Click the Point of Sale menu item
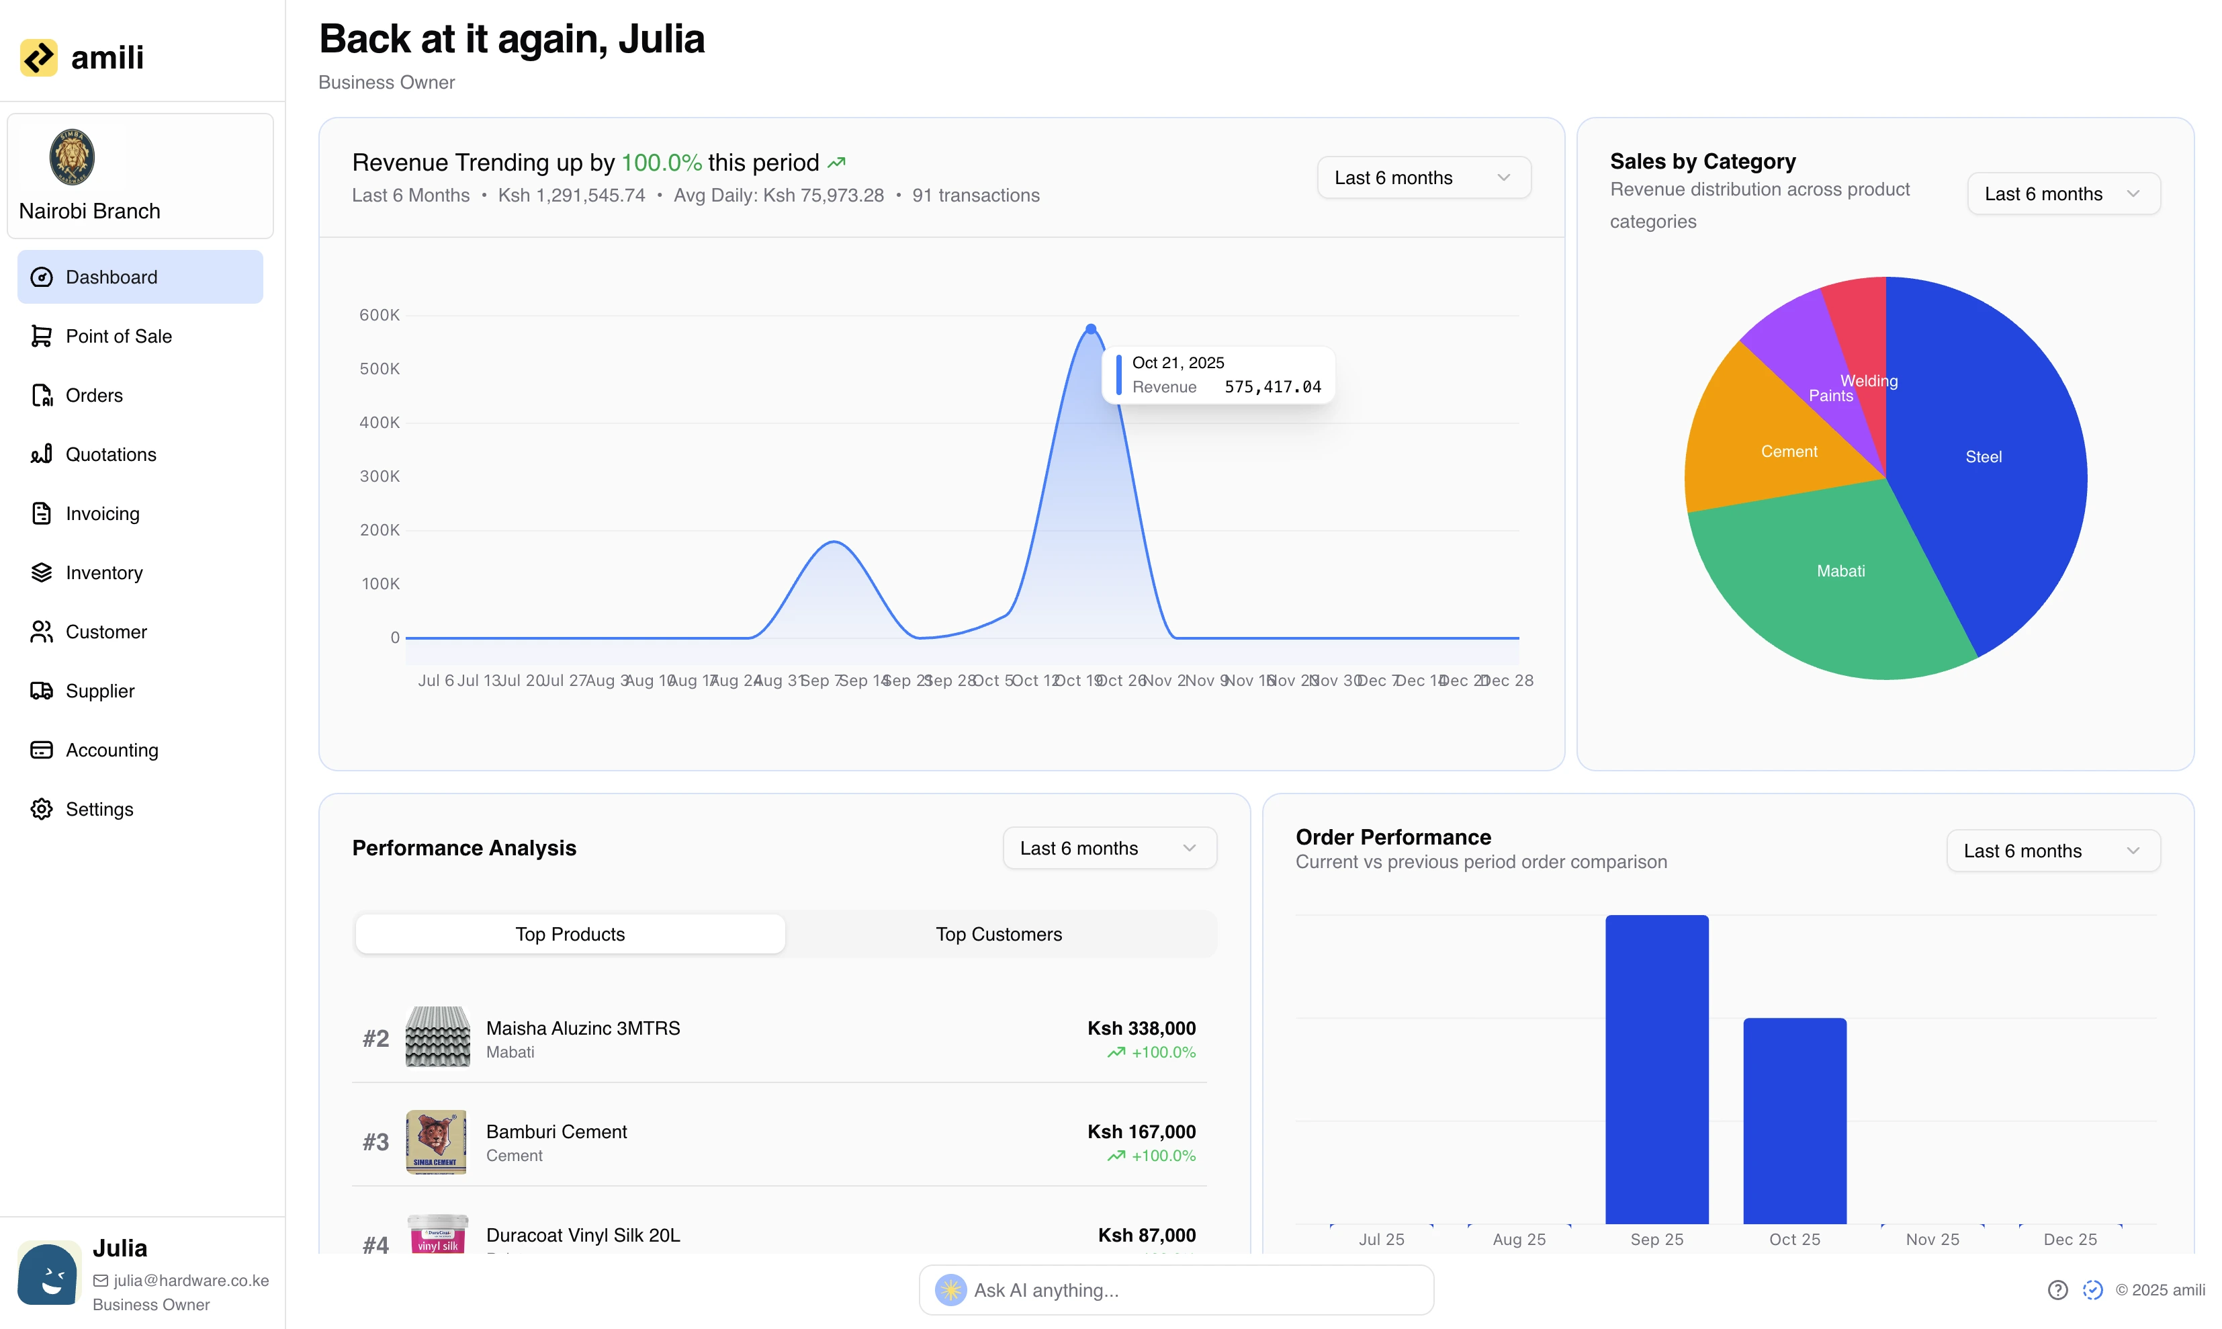(118, 336)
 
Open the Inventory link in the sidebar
(104, 572)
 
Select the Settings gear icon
(41, 809)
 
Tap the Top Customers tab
(998, 934)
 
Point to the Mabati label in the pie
(1840, 571)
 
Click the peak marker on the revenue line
(1090, 329)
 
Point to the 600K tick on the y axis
(379, 315)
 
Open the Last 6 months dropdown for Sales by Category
(2063, 194)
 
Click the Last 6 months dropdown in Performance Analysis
(1108, 848)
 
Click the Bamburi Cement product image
(436, 1142)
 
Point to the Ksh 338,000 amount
(1141, 1028)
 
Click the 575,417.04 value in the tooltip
(1272, 387)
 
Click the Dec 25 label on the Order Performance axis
(2070, 1240)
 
